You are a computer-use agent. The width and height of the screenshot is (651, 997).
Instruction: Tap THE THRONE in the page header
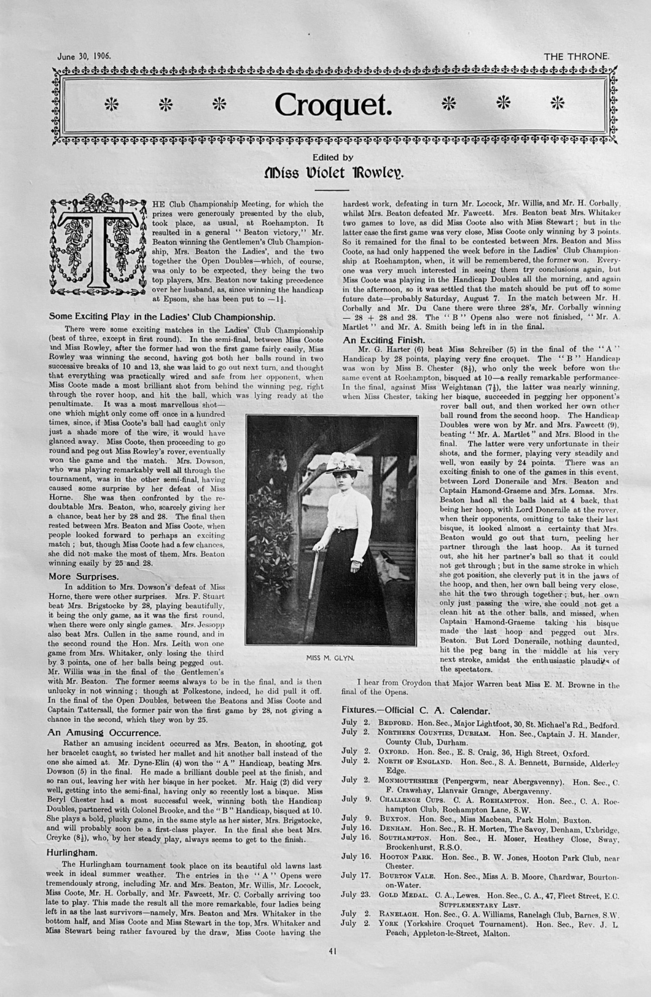[576, 57]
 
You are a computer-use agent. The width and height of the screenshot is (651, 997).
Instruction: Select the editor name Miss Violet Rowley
[333, 173]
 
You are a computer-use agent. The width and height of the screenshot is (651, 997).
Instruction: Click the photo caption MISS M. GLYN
[330, 658]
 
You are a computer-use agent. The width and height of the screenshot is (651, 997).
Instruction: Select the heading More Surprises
[84, 577]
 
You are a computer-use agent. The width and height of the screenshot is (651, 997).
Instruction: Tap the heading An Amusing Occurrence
[104, 733]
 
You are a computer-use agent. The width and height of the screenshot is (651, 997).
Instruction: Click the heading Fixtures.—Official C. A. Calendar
[416, 710]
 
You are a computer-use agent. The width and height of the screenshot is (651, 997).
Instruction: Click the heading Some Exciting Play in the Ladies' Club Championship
[162, 317]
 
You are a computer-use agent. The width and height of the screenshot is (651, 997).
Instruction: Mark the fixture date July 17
[356, 875]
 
